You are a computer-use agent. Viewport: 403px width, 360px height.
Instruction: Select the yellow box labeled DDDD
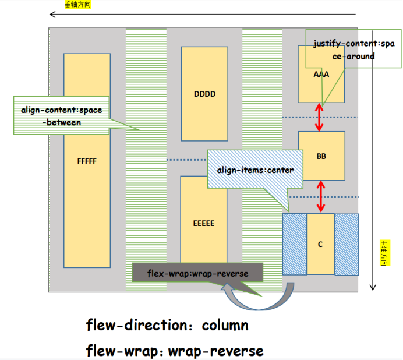click(204, 94)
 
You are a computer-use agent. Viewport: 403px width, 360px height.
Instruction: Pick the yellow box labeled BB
click(321, 156)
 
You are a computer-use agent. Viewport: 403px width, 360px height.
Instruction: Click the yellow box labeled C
click(320, 244)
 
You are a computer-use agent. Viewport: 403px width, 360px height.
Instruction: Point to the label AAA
click(321, 75)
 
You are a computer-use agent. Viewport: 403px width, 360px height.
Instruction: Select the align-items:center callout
click(255, 170)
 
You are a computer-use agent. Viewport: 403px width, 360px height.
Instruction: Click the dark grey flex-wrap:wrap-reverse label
click(198, 274)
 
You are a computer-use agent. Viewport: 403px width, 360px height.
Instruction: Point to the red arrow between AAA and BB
click(319, 117)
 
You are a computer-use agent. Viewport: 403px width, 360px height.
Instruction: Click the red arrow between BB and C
click(319, 196)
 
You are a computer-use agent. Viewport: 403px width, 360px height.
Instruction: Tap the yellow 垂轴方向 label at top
click(77, 4)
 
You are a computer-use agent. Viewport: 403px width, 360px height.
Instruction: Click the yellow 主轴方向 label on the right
click(384, 253)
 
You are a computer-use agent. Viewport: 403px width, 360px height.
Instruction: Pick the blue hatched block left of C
click(294, 244)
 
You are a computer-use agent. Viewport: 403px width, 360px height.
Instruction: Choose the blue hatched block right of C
click(347, 244)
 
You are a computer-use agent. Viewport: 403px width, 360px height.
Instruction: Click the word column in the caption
click(225, 325)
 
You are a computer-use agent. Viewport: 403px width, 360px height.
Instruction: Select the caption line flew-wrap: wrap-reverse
click(175, 351)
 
